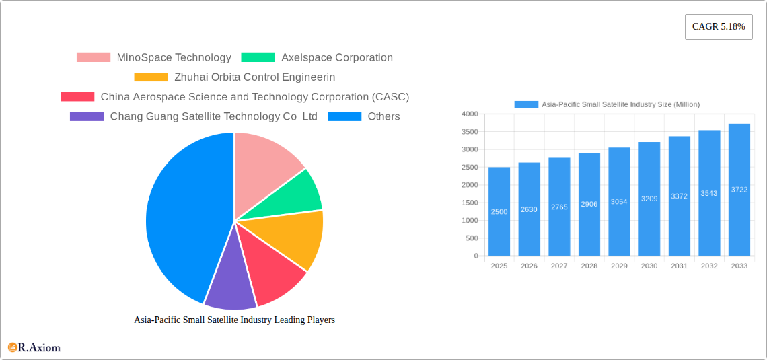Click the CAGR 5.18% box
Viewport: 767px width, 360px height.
718,27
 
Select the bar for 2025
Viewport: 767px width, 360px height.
499,211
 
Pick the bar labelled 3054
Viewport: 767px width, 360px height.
619,202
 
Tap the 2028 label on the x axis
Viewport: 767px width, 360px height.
589,266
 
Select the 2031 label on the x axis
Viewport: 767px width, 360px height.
679,266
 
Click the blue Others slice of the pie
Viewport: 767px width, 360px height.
182,215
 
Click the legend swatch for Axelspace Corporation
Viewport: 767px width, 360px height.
258,58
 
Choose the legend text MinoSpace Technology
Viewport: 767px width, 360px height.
174,58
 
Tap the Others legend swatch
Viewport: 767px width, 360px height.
344,117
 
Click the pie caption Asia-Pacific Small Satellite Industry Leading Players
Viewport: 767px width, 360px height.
234,320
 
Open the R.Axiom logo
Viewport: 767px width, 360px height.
34,347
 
